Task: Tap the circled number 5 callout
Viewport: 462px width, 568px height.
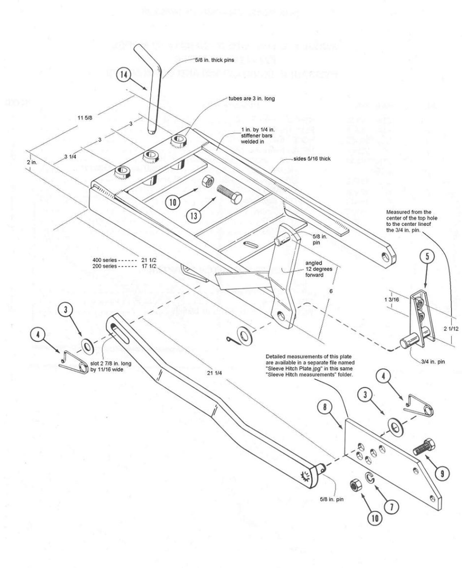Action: pyautogui.click(x=427, y=257)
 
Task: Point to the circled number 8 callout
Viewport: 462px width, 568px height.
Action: pyautogui.click(x=325, y=407)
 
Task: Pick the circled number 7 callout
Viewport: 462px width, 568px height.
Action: pyautogui.click(x=391, y=507)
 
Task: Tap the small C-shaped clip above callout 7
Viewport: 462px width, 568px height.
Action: pyautogui.click(x=371, y=478)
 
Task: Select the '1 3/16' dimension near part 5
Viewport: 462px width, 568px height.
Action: pyautogui.click(x=391, y=300)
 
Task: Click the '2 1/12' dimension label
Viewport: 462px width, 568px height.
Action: pyautogui.click(x=451, y=328)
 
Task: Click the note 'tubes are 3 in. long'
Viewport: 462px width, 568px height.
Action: pyautogui.click(x=252, y=99)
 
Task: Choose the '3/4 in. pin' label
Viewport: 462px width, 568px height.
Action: pyautogui.click(x=433, y=362)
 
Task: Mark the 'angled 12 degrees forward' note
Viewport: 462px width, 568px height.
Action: pyautogui.click(x=314, y=269)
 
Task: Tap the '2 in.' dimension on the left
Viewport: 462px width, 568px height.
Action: pyautogui.click(x=32, y=162)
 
